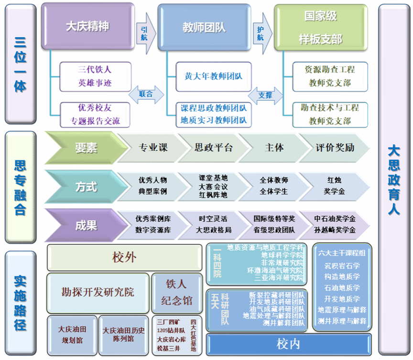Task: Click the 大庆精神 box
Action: pyautogui.click(x=87, y=26)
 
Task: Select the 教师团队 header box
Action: pyautogui.click(x=204, y=27)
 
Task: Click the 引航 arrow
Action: pyautogui.click(x=145, y=32)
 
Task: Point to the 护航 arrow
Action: pyautogui.click(x=261, y=32)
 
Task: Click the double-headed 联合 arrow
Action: pyautogui.click(x=146, y=94)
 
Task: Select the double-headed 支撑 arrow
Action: pyautogui.click(x=265, y=95)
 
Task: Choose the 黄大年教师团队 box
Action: pyautogui.click(x=213, y=76)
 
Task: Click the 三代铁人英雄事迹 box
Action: pyautogui.click(x=94, y=76)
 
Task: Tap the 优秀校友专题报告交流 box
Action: pyautogui.click(x=94, y=114)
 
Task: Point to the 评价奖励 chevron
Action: pyautogui.click(x=335, y=148)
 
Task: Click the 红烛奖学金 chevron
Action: pyautogui.click(x=335, y=186)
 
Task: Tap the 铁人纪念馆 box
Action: pyautogui.click(x=176, y=292)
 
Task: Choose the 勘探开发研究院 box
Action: pyautogui.click(x=98, y=292)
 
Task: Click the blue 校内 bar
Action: pyautogui.click(x=288, y=344)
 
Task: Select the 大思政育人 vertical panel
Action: pyautogui.click(x=393, y=180)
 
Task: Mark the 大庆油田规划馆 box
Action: pyautogui.click(x=72, y=334)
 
